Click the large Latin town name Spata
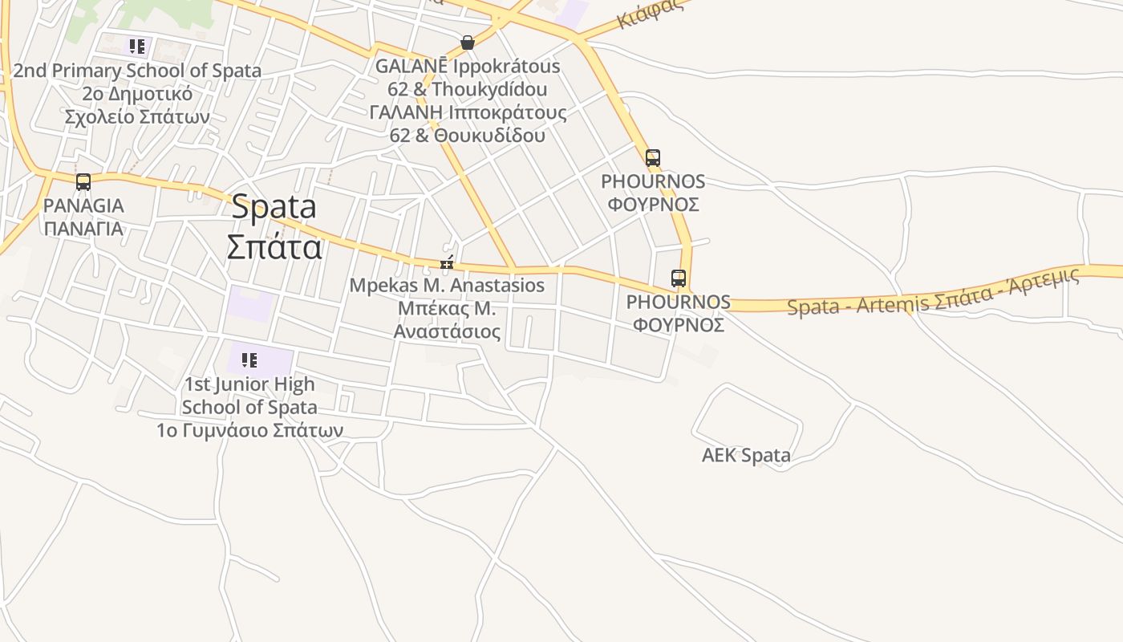pyautogui.click(x=274, y=207)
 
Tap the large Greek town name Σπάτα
pyautogui.click(x=274, y=246)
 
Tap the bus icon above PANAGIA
pyautogui.click(x=83, y=182)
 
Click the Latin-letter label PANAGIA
pyautogui.click(x=83, y=205)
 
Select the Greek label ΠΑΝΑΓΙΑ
pyautogui.click(x=83, y=229)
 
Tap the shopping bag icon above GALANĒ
pyautogui.click(x=468, y=43)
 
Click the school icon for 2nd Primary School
pyautogui.click(x=137, y=46)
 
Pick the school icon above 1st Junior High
pyautogui.click(x=249, y=360)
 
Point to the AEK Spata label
pyautogui.click(x=746, y=456)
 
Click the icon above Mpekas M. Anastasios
pyautogui.click(x=447, y=262)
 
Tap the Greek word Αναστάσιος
pyautogui.click(x=447, y=331)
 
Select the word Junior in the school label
pyautogui.click(x=248, y=384)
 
